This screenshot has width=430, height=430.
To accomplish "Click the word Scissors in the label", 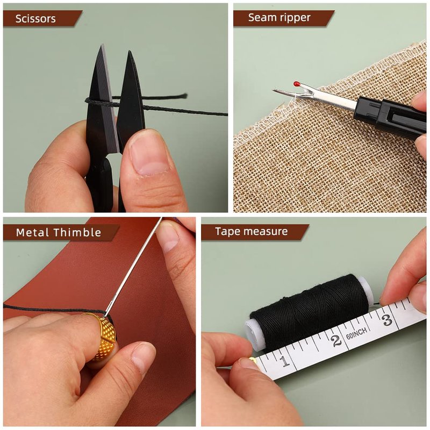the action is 35,19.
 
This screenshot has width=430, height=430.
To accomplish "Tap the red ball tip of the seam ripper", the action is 297,83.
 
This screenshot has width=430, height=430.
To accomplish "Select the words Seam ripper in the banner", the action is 279,18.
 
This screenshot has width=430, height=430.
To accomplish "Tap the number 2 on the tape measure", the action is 336,341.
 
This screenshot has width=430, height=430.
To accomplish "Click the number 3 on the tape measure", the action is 386,319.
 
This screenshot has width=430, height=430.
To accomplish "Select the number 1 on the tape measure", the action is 285,361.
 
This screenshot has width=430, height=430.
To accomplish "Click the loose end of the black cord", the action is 185,96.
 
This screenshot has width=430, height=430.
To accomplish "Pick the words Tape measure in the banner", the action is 251,232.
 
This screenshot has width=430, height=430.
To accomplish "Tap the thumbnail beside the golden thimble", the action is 143,356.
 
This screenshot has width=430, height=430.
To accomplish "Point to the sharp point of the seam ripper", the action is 274,90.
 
